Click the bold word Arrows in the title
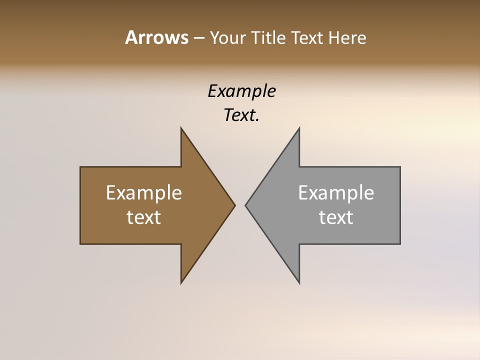(156, 37)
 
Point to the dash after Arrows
(198, 38)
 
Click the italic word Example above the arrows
(241, 91)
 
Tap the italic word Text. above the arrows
(241, 115)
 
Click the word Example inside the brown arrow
(144, 192)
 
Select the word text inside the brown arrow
(144, 217)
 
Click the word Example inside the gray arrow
(336, 192)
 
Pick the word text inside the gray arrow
(336, 217)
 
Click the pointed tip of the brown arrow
(235, 205)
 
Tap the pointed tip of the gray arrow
(245, 205)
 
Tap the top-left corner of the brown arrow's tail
(80, 167)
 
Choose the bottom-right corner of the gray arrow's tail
(400, 243)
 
